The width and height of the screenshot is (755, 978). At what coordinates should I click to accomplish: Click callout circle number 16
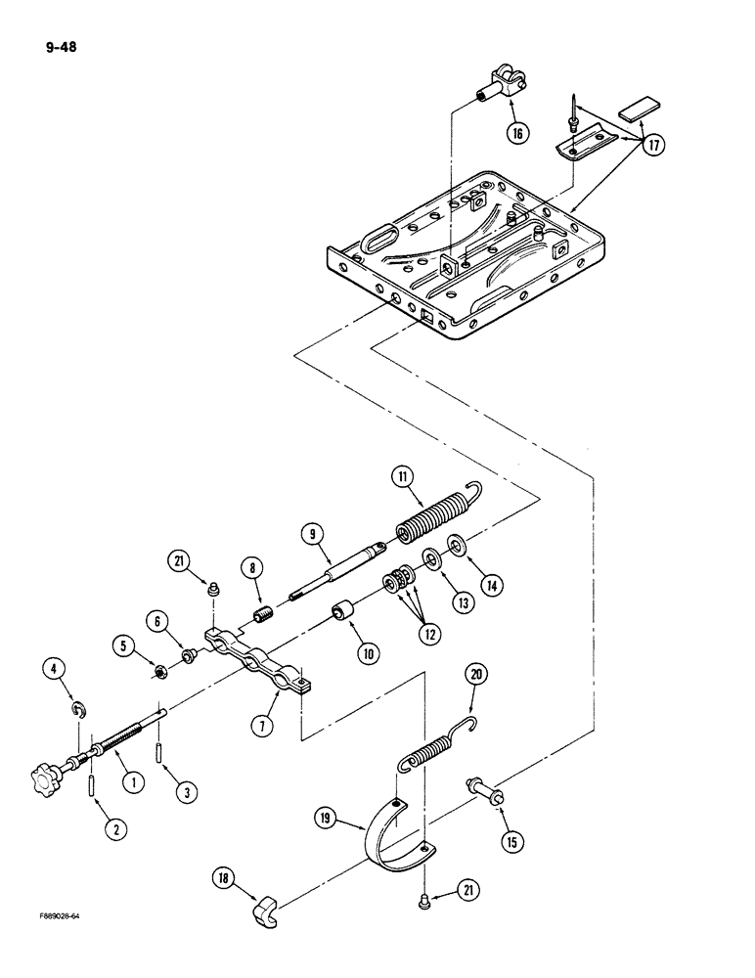(517, 132)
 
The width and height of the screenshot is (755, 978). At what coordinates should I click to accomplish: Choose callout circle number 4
(55, 671)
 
